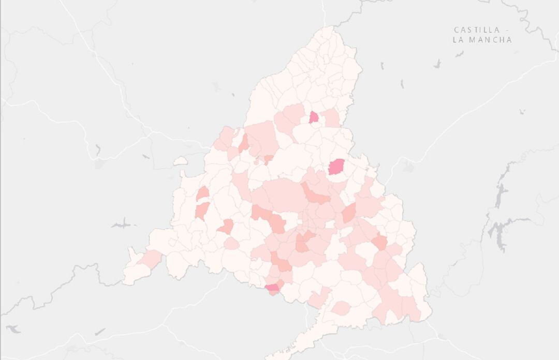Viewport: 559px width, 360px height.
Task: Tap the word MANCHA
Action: click(490, 40)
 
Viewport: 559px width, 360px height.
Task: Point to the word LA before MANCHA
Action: click(459, 40)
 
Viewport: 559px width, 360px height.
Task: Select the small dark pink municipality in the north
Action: click(314, 117)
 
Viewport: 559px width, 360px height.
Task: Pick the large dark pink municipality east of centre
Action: click(336, 167)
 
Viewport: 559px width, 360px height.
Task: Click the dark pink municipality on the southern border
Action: click(272, 288)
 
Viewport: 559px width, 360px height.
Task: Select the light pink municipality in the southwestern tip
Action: click(151, 259)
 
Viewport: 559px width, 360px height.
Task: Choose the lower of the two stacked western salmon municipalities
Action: click(201, 211)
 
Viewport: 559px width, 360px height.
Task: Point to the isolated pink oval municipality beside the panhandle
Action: click(341, 309)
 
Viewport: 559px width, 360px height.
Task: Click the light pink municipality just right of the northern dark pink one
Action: click(331, 118)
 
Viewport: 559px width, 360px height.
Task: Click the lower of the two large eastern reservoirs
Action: click(499, 233)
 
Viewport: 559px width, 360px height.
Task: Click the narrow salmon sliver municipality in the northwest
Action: click(243, 143)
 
